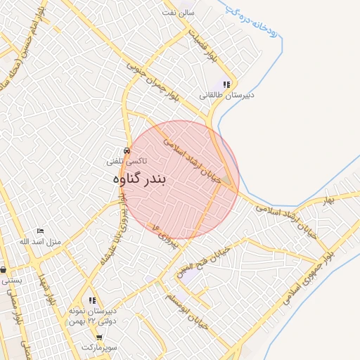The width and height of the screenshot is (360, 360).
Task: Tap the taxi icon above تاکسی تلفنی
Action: [126, 151]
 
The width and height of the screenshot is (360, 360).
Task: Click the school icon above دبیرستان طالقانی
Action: [226, 84]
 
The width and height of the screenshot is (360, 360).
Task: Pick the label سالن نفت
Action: [177, 13]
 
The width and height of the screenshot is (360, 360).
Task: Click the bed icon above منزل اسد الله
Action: [40, 231]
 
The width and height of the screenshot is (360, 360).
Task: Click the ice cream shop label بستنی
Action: [12, 279]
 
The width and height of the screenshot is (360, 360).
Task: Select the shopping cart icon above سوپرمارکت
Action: [98, 337]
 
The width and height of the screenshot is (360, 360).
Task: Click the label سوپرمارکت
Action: [98, 347]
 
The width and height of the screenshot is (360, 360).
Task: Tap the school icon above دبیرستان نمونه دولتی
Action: [93, 300]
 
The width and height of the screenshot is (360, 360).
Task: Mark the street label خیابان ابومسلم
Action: [191, 308]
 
